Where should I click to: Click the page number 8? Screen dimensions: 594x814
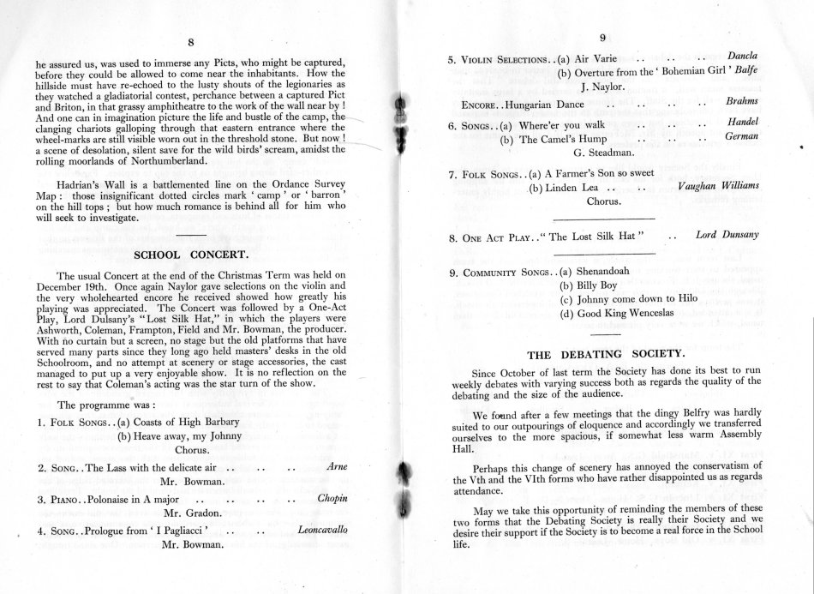click(x=190, y=42)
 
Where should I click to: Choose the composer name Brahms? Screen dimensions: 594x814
click(x=741, y=101)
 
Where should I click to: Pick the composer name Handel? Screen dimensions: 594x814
click(x=742, y=123)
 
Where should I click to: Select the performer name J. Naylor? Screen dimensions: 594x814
click(x=604, y=87)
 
